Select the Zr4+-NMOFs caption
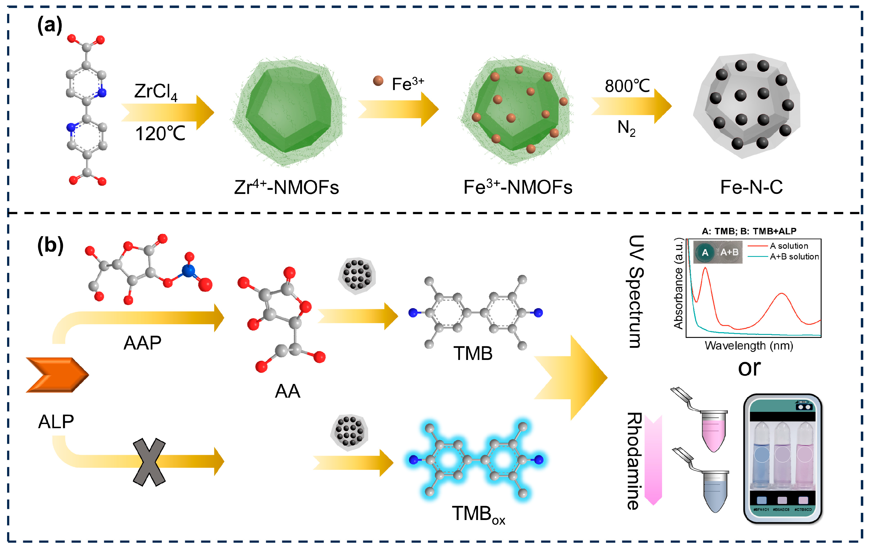(286, 187)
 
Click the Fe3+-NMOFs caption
(518, 187)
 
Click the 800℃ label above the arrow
(627, 86)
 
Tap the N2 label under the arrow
(626, 128)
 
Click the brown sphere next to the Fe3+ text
(378, 81)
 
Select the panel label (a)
(50, 26)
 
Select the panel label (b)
(50, 245)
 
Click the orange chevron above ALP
(57, 375)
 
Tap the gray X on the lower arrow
(149, 462)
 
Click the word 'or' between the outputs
(749, 368)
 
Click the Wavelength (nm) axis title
(749, 346)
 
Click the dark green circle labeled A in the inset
(705, 253)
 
